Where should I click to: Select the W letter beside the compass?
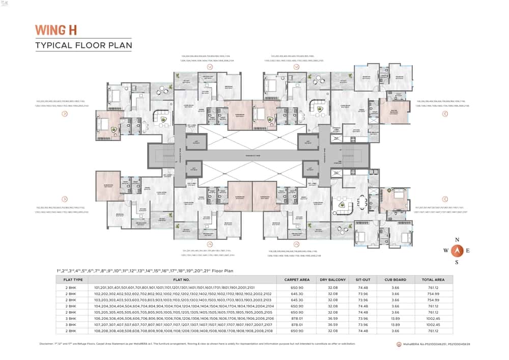coord(445,251)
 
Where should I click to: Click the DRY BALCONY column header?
coord(333,280)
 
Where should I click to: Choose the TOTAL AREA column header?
coord(433,280)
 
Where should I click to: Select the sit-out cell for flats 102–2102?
coord(363,294)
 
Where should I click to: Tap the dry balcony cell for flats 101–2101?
coord(333,287)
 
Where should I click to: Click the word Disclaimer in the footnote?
coord(48,344)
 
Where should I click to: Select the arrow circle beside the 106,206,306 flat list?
coord(444,114)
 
